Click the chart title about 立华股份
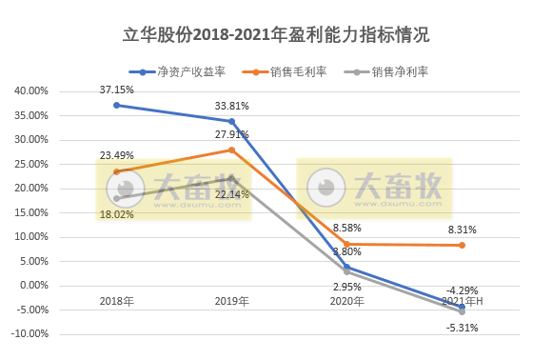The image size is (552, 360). [x=276, y=36]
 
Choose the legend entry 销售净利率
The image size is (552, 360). [x=393, y=70]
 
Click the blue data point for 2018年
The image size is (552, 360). [x=116, y=105]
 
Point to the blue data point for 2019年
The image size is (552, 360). [x=231, y=121]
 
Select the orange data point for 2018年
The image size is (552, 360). [x=116, y=171]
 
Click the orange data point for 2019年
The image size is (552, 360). [x=231, y=150]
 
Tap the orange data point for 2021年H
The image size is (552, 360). [x=463, y=245]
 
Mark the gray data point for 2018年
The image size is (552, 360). [x=116, y=198]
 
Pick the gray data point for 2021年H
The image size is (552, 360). [x=463, y=311]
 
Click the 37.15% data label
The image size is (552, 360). [x=117, y=89]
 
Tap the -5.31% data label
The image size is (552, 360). [x=461, y=328]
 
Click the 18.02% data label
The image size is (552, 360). [x=117, y=214]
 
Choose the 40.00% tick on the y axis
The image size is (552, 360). [x=30, y=91]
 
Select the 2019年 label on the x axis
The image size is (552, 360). [x=231, y=301]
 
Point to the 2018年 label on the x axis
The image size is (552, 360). [x=116, y=301]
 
